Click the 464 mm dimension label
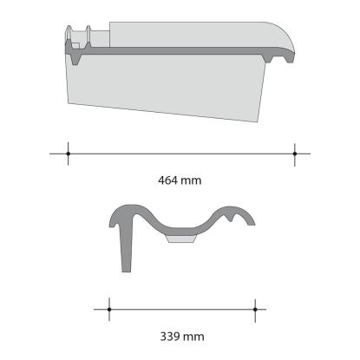180,180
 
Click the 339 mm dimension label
182,337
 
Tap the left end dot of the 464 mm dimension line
69,154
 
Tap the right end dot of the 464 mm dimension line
295,154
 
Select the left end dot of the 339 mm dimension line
109,310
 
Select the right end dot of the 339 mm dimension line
255,310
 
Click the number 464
167,180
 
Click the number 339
170,337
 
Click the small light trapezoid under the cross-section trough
181,239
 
